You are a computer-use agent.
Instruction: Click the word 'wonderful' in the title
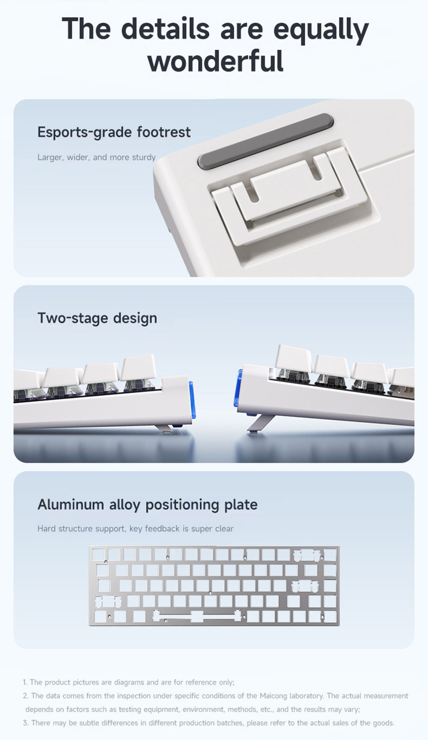215,61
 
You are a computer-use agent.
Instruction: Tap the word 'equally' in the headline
321,30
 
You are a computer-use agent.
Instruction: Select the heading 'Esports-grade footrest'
114,132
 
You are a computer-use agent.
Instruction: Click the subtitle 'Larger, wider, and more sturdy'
97,157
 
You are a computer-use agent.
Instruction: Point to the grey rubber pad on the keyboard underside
265,141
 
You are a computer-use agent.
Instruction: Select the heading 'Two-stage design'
97,318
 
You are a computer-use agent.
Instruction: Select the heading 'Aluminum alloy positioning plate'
147,504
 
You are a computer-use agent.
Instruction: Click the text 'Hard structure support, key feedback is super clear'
135,528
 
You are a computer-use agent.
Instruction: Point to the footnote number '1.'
25,682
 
